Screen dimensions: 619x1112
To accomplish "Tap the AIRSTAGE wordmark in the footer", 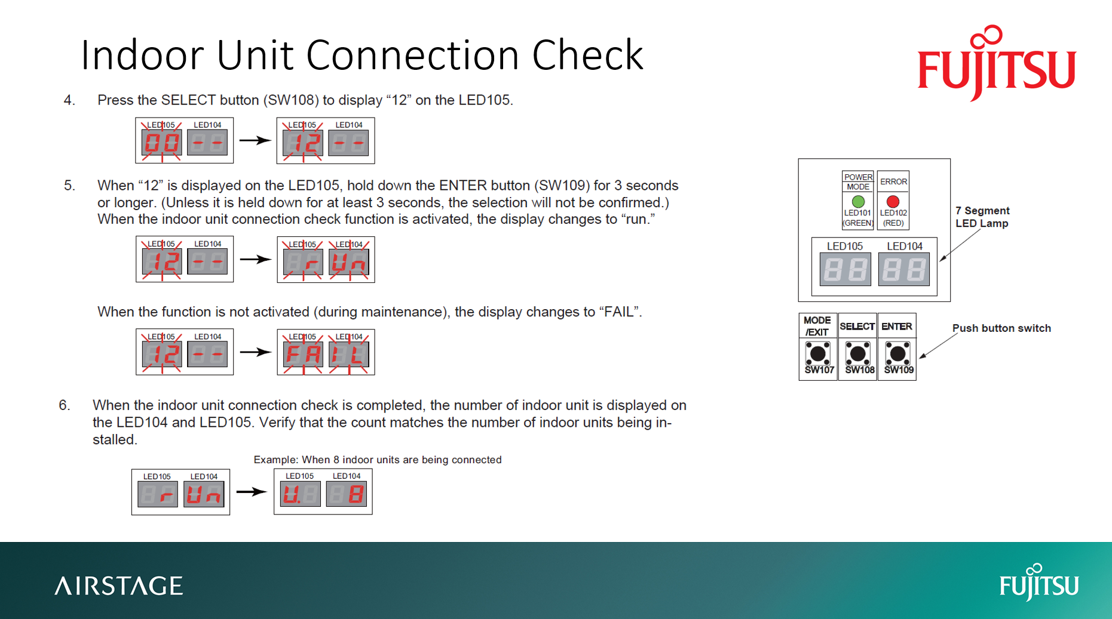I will pos(119,586).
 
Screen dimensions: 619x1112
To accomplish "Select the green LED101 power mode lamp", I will pos(858,201).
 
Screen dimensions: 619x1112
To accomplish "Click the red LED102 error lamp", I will pos(893,201).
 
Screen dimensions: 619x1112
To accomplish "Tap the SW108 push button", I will pos(858,354).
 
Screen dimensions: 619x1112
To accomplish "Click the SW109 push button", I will pos(897,354).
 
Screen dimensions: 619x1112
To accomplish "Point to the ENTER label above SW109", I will pos(897,326).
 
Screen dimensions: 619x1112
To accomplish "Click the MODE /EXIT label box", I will pos(817,326).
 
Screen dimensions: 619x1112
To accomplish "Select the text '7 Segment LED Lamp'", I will pos(982,217).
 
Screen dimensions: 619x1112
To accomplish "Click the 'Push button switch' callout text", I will pos(1001,328).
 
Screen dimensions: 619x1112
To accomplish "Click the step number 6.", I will pos(64,405).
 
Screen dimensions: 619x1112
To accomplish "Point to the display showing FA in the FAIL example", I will pos(303,355).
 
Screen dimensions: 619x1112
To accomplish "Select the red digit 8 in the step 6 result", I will pos(356,494).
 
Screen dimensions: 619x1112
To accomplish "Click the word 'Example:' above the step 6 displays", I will pos(275,460).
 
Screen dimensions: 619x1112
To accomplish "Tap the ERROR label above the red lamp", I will pos(893,181).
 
